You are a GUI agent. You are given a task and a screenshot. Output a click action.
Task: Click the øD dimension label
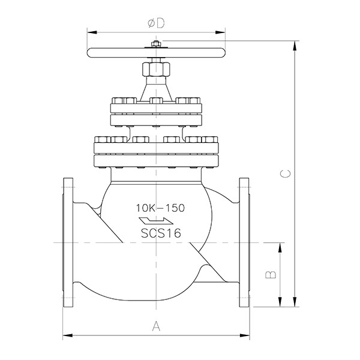[157, 23]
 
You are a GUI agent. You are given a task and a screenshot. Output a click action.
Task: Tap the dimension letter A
[157, 326]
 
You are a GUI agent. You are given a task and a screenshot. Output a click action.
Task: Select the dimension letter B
[271, 275]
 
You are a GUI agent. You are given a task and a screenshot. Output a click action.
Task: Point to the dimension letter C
[286, 173]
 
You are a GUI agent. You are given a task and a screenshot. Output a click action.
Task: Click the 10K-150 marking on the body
[160, 208]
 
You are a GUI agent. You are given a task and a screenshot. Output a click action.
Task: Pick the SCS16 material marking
[161, 233]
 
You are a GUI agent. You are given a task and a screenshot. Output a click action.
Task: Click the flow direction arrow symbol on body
[156, 221]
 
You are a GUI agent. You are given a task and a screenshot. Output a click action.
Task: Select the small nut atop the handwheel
[156, 44]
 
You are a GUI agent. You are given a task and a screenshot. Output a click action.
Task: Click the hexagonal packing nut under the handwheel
[156, 69]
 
